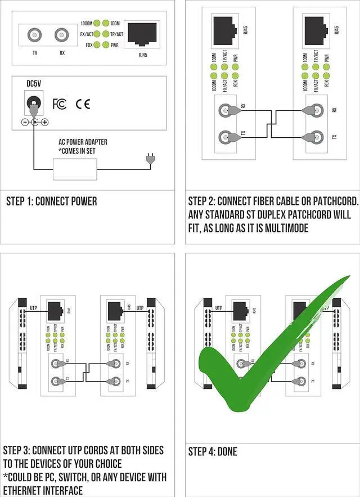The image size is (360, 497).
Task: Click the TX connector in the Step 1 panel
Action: [35, 36]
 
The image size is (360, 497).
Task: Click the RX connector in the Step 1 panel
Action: [62, 36]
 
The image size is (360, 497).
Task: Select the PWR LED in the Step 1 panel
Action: [106, 44]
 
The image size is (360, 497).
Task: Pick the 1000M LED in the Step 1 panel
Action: [97, 23]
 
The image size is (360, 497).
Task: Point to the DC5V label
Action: [34, 83]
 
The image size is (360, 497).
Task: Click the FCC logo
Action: [60, 104]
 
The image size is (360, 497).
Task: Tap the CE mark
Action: [83, 104]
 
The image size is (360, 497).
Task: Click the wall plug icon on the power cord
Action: [149, 160]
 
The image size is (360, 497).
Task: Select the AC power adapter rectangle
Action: [74, 169]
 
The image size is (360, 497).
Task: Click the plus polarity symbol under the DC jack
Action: [45, 122]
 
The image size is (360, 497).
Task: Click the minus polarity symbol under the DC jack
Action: [25, 122]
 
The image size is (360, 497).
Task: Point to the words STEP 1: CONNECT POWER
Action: [51, 202]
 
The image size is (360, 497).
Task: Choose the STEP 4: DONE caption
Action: [212, 451]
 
